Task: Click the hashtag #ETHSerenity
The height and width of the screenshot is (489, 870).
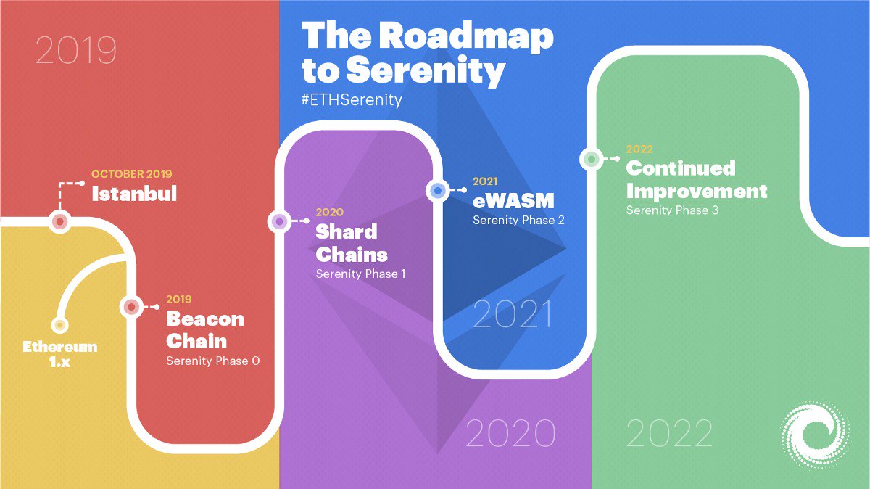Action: [x=351, y=99]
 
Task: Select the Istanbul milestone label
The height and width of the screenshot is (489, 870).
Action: [x=133, y=194]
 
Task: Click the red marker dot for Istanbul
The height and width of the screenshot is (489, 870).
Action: [x=59, y=221]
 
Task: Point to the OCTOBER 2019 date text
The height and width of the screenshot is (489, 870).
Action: [x=131, y=175]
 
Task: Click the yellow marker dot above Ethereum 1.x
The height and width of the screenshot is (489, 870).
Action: [x=59, y=324]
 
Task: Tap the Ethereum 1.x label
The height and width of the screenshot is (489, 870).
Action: [x=59, y=353]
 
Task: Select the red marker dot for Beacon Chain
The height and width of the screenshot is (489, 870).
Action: [x=131, y=307]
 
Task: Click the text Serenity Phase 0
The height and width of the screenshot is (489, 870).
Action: [x=212, y=361]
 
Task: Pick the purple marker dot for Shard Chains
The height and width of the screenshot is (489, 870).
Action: [x=279, y=221]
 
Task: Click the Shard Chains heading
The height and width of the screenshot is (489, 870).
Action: [x=351, y=243]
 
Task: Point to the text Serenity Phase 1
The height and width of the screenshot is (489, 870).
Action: [x=361, y=274]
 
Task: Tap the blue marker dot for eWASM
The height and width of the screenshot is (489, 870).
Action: [x=437, y=190]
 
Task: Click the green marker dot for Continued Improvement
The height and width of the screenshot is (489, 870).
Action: [x=592, y=158]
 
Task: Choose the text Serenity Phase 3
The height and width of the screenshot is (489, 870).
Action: [x=672, y=210]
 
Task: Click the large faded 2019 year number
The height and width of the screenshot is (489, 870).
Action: [x=75, y=51]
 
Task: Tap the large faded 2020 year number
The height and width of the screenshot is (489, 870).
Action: [x=510, y=433]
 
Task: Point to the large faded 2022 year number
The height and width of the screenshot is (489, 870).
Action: [x=669, y=433]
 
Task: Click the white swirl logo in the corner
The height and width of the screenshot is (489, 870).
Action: [x=814, y=435]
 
